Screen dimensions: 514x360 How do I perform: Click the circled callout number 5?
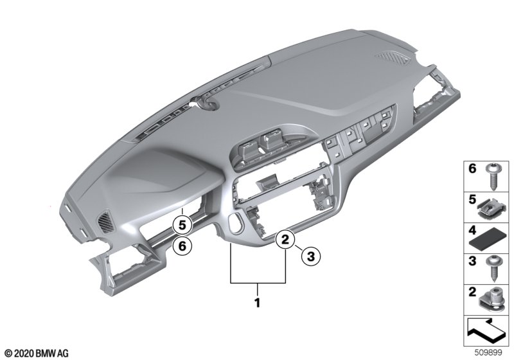point(182,225)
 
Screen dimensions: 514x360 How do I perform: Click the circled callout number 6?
point(182,245)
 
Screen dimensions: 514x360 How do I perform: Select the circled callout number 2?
point(285,240)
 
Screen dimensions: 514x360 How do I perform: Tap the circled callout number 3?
point(310,256)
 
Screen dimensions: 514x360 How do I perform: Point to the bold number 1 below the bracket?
point(258,303)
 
